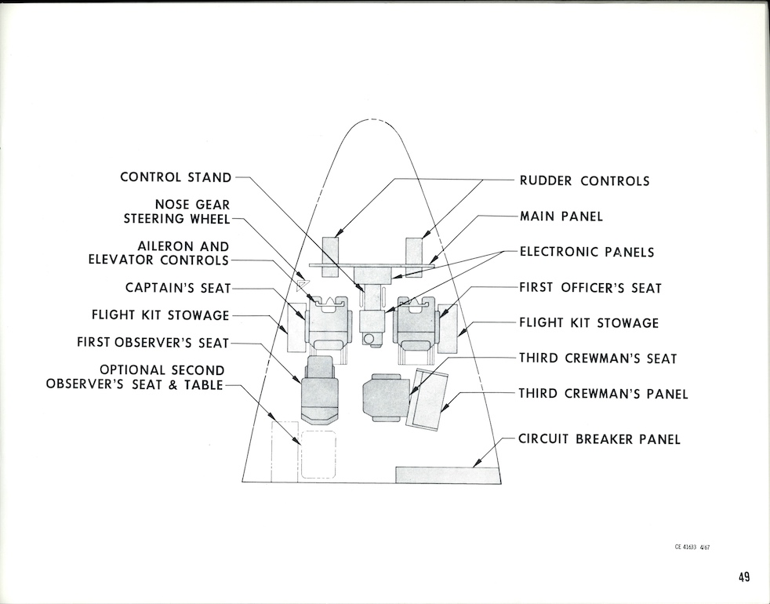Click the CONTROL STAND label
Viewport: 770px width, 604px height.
176,177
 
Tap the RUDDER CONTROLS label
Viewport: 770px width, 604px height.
584,181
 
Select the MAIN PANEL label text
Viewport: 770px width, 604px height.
561,216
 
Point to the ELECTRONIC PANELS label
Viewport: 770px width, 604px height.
587,252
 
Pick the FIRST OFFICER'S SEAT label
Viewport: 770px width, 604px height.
590,288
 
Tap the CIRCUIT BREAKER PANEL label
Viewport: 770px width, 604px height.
599,439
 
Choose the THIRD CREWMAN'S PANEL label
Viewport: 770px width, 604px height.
603,394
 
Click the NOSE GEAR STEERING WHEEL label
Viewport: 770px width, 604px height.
176,212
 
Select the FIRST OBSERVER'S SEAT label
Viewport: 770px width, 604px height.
153,343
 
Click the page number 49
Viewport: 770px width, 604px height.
743,577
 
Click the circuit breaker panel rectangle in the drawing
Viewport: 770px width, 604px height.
448,475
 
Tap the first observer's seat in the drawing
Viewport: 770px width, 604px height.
320,389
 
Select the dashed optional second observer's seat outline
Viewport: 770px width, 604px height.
318,454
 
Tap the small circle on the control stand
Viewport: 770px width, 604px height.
368,338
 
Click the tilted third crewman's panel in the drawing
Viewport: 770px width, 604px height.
427,398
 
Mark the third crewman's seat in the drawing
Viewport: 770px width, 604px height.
385,397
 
